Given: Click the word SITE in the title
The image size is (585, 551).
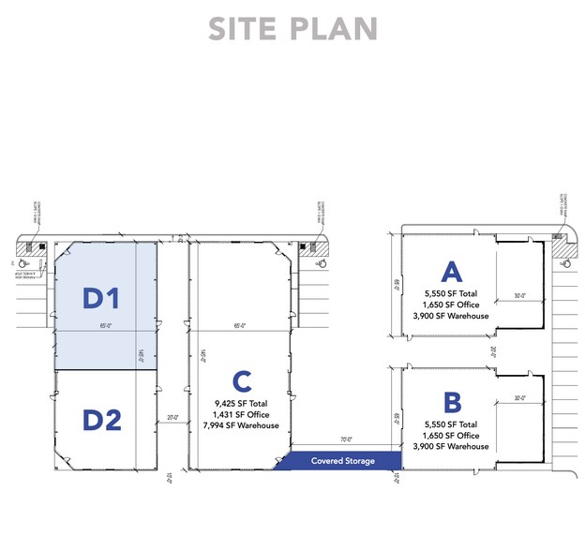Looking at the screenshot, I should coord(245,28).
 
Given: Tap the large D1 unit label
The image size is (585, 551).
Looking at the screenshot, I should coord(102,298).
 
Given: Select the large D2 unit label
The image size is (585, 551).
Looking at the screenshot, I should coord(102,420).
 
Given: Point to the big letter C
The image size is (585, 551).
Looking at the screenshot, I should coord(241,381).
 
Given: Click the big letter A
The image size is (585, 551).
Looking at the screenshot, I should coord(452,272).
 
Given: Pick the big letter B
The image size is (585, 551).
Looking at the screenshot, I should coord(452,403).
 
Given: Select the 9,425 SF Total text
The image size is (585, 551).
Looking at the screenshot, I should coord(241,403).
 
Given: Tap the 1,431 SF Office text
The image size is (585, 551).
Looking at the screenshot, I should coord(241,414).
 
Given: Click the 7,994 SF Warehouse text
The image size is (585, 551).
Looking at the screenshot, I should coord(241,425).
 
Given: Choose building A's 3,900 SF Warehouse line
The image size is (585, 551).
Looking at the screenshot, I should coord(452,316).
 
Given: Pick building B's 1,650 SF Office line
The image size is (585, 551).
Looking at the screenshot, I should coord(452,436).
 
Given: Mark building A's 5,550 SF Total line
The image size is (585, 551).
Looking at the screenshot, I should coord(452,293).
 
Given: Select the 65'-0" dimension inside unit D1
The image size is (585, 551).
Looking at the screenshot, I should coord(105,326).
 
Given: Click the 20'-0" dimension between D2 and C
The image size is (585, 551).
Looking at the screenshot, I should coord(172,418).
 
